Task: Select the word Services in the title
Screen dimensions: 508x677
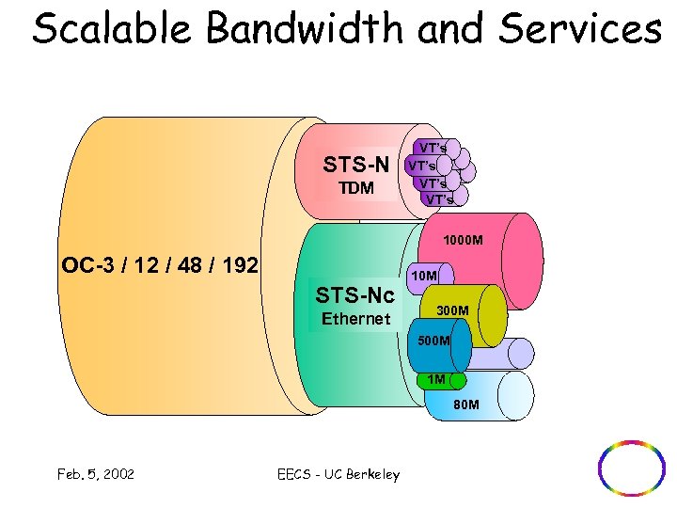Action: point(580,29)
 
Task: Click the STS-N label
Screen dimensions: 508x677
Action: point(356,165)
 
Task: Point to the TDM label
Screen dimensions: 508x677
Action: point(356,188)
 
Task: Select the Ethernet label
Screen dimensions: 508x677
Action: point(355,319)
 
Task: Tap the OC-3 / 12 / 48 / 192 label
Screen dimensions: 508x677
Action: point(159,264)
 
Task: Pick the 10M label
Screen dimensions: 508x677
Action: point(424,276)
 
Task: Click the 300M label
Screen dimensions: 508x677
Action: point(452,310)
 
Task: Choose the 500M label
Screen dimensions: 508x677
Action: point(432,340)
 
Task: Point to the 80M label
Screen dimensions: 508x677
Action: point(466,405)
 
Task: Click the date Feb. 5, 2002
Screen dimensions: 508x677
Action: point(94,474)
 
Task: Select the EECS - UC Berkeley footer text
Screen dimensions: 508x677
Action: point(339,474)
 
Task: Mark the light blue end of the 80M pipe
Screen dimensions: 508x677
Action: point(515,395)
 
